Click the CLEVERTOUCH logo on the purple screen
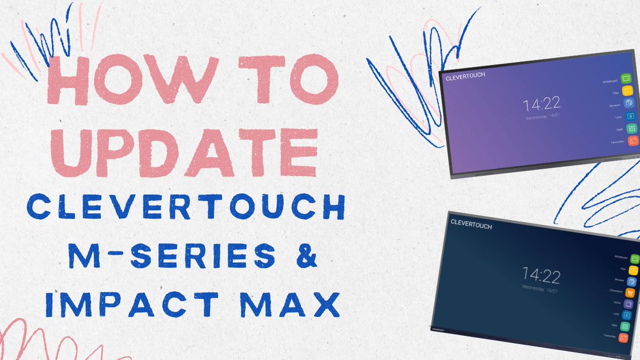point(466,76)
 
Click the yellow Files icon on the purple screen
point(628,92)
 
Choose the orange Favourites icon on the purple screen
point(632,141)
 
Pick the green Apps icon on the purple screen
point(631,129)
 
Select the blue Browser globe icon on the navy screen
point(633,282)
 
